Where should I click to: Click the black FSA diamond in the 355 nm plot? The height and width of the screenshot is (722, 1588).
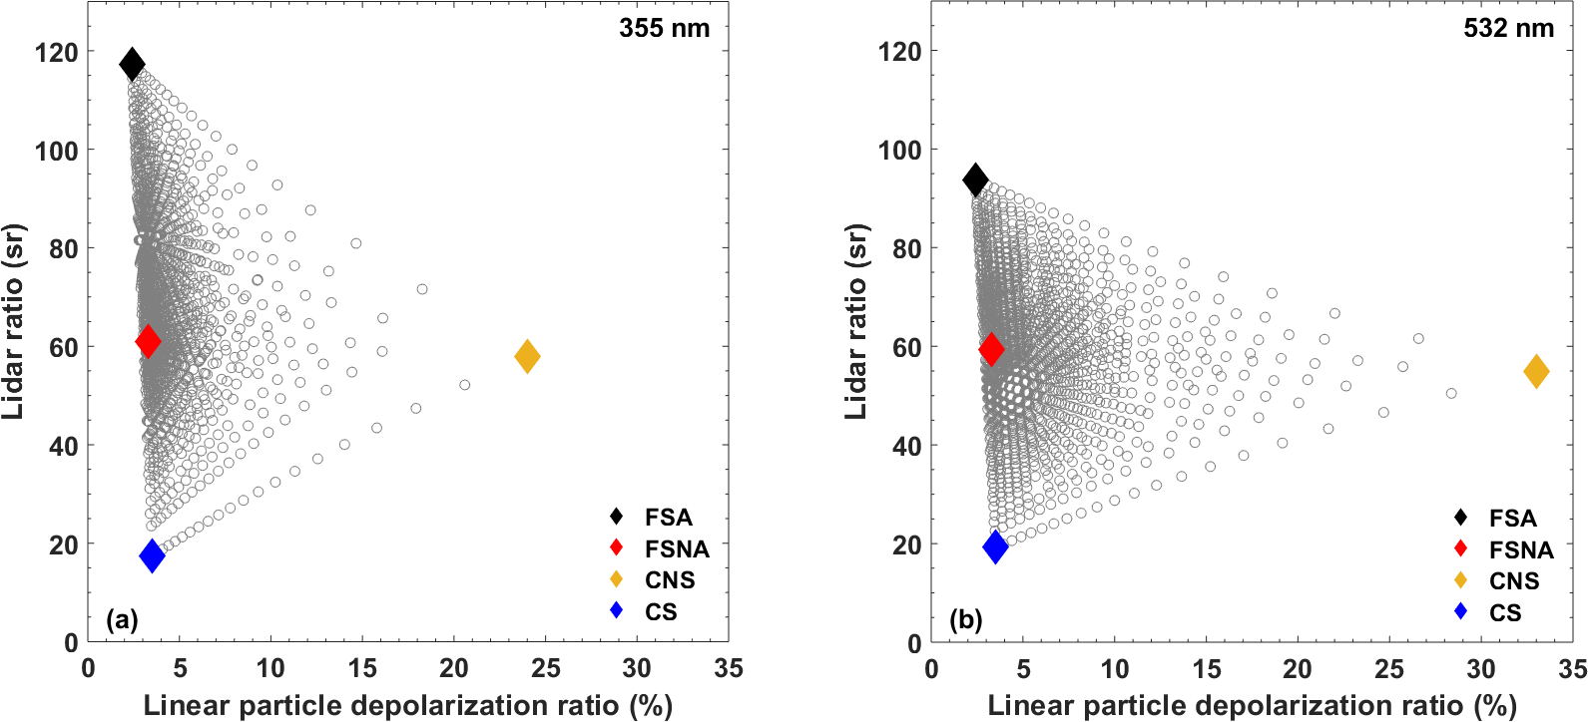[132, 65]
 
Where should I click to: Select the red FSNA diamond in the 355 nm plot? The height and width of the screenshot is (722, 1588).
[148, 342]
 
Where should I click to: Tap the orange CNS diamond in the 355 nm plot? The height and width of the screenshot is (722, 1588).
[527, 356]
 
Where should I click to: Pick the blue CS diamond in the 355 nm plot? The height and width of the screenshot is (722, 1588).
[152, 555]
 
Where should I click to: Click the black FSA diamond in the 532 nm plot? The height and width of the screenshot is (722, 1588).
[975, 180]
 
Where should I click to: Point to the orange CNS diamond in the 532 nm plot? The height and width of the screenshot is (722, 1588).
[1536, 372]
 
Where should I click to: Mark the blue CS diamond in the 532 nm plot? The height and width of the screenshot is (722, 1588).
[995, 546]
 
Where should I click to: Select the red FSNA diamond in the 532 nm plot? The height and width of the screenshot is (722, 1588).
[991, 349]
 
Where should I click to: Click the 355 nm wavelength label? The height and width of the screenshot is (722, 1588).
[664, 28]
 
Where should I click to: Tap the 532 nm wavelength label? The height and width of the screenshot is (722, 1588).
[1508, 28]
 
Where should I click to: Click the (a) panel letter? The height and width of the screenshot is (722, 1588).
[122, 620]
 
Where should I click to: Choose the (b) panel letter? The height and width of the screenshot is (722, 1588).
[966, 620]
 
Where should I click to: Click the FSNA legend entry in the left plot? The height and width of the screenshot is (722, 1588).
[676, 548]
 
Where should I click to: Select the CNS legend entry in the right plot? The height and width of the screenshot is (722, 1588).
[1513, 580]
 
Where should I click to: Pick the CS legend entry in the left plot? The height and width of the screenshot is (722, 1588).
[660, 611]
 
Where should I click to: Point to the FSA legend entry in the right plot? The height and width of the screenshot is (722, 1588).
[1512, 518]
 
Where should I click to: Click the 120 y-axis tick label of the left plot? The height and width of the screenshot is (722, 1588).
[56, 52]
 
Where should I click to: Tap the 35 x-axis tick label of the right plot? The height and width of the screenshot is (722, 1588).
[1572, 669]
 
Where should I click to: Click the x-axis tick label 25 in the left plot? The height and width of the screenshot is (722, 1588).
[546, 668]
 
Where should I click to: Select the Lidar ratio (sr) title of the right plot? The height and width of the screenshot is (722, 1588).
[856, 321]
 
